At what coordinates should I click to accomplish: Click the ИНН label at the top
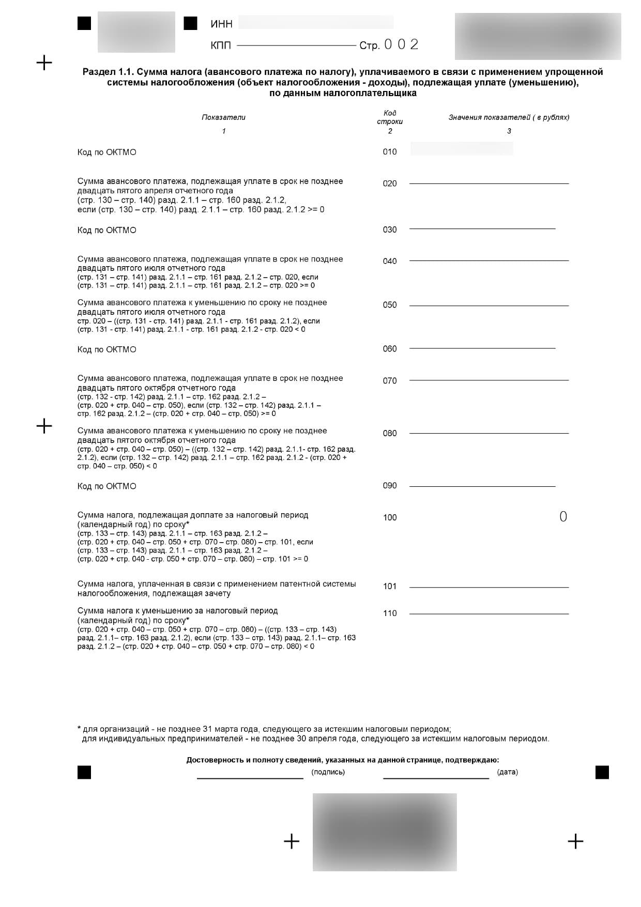[221, 24]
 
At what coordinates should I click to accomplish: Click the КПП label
[221, 45]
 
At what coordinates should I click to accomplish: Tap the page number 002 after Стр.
[401, 45]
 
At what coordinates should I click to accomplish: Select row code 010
[390, 152]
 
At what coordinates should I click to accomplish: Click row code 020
[390, 183]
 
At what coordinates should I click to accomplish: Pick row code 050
[390, 305]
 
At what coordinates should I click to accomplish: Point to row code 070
[390, 381]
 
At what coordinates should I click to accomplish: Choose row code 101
[390, 587]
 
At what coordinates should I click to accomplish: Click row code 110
[390, 613]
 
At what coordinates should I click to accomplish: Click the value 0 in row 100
[563, 517]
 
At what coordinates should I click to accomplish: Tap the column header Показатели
[223, 117]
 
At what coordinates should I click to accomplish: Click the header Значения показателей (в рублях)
[509, 117]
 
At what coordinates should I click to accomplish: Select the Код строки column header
[390, 117]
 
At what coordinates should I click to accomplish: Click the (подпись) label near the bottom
[328, 772]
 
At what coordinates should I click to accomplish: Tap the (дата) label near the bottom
[507, 772]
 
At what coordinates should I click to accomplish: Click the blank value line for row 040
[489, 260]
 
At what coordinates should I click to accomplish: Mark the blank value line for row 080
[489, 433]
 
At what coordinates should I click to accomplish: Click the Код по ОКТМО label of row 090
[107, 486]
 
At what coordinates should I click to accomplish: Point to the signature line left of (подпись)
[250, 777]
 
